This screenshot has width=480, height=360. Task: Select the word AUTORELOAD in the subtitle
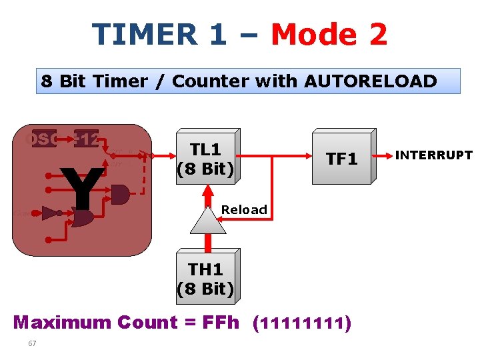(371, 81)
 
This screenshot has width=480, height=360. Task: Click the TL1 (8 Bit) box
(205, 159)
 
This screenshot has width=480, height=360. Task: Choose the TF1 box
(341, 159)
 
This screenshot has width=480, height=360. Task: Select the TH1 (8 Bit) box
(205, 279)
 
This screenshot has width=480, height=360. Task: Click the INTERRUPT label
(433, 156)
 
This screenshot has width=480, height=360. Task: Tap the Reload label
(244, 209)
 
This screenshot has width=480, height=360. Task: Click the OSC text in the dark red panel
(39, 139)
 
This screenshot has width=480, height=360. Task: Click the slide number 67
(32, 343)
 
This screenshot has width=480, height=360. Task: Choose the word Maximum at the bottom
(62, 323)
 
